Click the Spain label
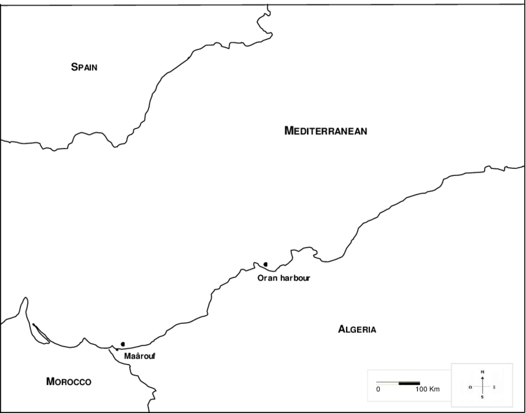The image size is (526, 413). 84,67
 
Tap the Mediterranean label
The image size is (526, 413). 326,130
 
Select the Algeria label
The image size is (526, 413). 357,329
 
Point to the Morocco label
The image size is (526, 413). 69,381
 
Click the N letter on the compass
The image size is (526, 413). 482,372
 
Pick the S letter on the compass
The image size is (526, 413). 482,397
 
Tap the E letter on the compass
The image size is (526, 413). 494,386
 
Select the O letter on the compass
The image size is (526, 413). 470,387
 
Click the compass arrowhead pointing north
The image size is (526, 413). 482,377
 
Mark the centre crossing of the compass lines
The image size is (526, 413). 482,386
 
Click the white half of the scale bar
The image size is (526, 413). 387,383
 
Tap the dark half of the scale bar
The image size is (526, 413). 410,383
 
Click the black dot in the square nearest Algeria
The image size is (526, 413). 265,264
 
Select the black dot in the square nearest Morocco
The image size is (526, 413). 123,344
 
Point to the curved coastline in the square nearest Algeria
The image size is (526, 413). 259,267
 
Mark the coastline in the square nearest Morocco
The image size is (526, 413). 118,350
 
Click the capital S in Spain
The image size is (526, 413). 74,67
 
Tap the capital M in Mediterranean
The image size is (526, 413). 288,130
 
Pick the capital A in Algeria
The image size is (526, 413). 342,329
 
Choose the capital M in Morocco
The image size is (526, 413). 51,381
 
